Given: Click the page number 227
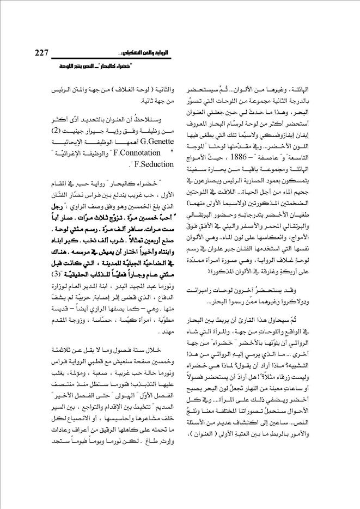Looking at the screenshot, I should [38, 53].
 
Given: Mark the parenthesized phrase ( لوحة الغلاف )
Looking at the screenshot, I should [119, 88].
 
